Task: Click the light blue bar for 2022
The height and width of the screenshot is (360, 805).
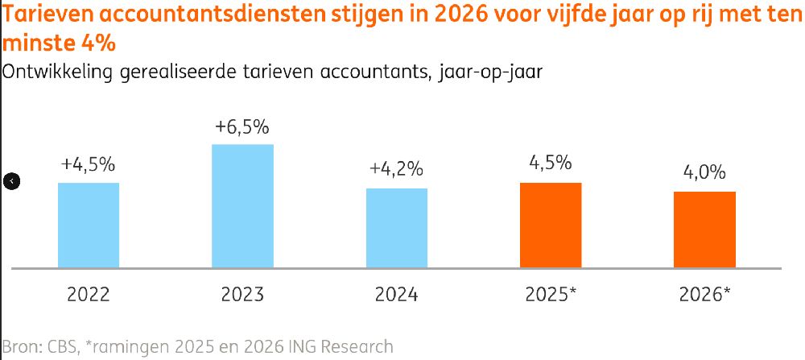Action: tap(89, 225)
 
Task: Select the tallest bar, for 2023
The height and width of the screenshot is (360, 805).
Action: tap(242, 205)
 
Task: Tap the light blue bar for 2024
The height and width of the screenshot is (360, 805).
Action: tap(397, 227)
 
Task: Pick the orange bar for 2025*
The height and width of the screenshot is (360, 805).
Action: tap(551, 225)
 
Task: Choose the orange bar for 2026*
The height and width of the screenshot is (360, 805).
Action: tap(704, 229)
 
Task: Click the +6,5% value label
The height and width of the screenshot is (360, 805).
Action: tap(242, 127)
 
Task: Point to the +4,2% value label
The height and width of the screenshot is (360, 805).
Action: tap(396, 171)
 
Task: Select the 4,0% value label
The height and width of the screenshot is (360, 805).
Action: tap(704, 172)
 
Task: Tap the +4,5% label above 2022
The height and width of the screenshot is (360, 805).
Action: tap(89, 164)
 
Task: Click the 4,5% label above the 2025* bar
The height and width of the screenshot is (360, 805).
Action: tap(551, 163)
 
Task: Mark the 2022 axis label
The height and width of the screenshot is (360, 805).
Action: tap(89, 294)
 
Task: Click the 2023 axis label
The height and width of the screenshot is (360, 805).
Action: tap(242, 294)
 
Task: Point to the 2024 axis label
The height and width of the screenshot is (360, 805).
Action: tap(397, 294)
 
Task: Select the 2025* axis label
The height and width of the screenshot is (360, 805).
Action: tap(551, 294)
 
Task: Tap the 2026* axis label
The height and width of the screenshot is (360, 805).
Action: tap(704, 294)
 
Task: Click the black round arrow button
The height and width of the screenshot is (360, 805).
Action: tap(11, 181)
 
